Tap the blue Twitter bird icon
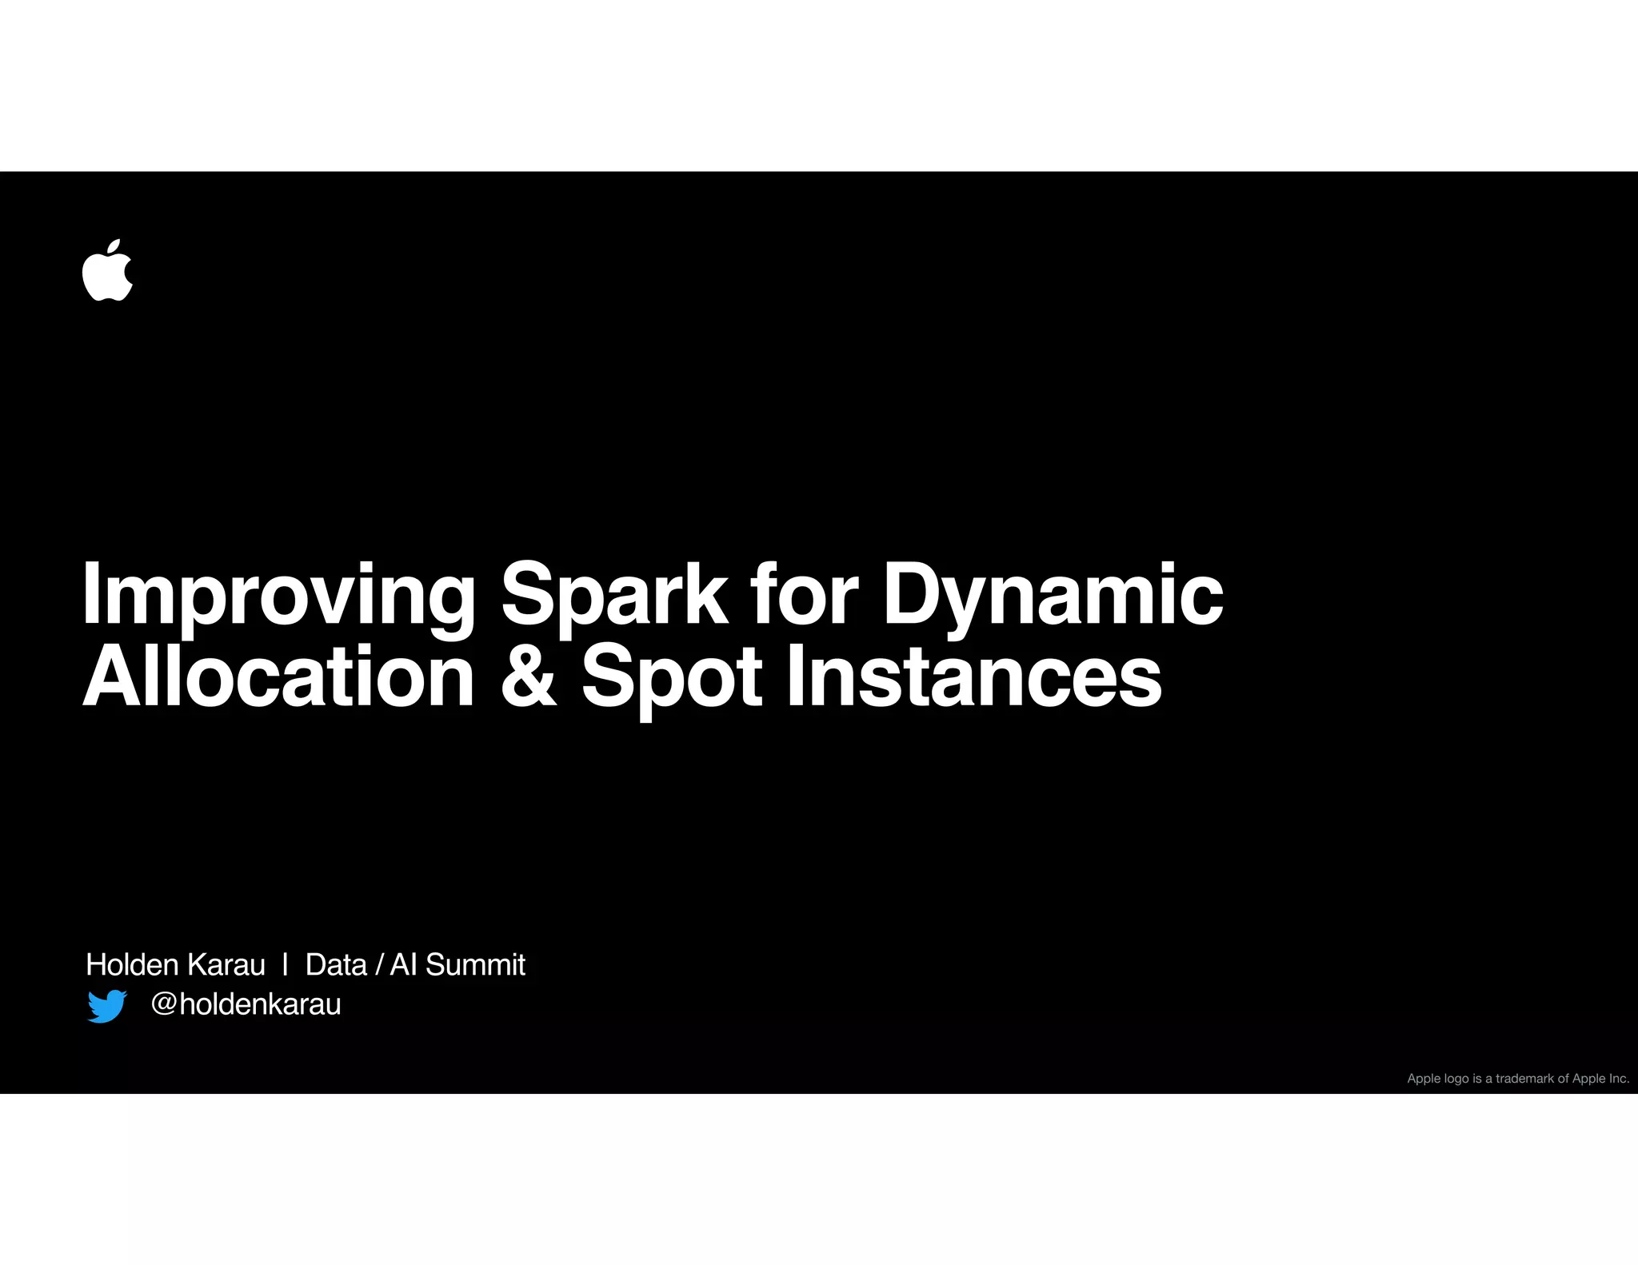click(107, 1006)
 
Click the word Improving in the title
click(278, 596)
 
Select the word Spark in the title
click(613, 596)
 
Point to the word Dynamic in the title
click(1052, 596)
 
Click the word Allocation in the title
click(278, 678)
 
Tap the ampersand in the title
click(529, 678)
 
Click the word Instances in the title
click(973, 678)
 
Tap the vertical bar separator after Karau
click(285, 964)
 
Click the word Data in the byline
click(336, 964)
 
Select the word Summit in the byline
click(475, 964)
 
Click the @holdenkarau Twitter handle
click(246, 1004)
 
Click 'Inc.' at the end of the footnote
click(1619, 1079)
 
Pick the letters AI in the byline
click(403, 964)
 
